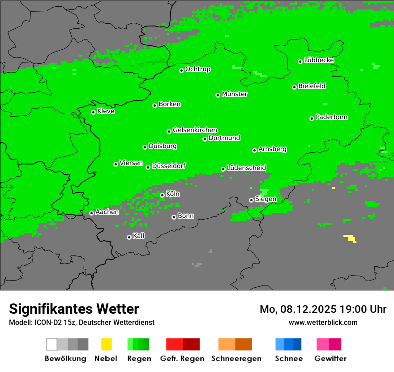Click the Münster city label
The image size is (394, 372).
[x=235, y=94]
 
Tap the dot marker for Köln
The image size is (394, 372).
[x=162, y=195]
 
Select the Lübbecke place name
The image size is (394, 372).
[x=319, y=60]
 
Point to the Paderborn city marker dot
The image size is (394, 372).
[x=312, y=118]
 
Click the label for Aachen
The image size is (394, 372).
[x=107, y=212]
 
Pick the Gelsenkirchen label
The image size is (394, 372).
[x=195, y=130]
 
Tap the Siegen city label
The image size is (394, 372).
[x=266, y=199]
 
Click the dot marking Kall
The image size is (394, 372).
[x=129, y=237]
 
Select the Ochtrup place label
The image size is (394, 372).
[x=198, y=69]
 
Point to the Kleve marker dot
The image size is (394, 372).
[x=93, y=112]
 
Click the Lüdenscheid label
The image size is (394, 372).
[x=246, y=168]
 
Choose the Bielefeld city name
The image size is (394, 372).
[x=312, y=86]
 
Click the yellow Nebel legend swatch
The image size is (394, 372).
[x=106, y=344]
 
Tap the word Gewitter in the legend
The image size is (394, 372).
[x=330, y=359]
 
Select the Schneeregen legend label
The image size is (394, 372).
[x=236, y=359]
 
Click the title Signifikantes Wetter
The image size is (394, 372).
[x=74, y=309]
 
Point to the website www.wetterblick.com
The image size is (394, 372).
[x=323, y=322]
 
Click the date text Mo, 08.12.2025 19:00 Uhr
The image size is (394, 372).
[x=323, y=309]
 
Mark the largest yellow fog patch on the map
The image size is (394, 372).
[x=350, y=238]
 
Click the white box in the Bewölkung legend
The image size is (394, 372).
[x=51, y=344]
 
